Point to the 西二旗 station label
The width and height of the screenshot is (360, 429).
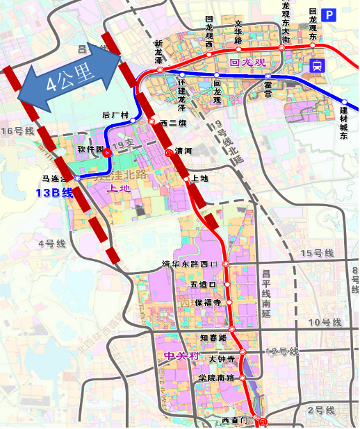pyautogui.click(x=172, y=123)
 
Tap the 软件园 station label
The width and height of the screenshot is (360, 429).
pyautogui.click(x=90, y=149)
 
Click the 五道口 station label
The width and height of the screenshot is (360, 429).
pyautogui.click(x=203, y=285)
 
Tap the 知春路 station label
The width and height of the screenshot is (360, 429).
pyautogui.click(x=213, y=337)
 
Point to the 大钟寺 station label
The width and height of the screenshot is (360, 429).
pyautogui.click(x=218, y=358)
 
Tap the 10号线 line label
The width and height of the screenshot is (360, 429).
pyautogui.click(x=325, y=323)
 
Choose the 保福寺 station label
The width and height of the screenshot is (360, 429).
pyautogui.click(x=208, y=303)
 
